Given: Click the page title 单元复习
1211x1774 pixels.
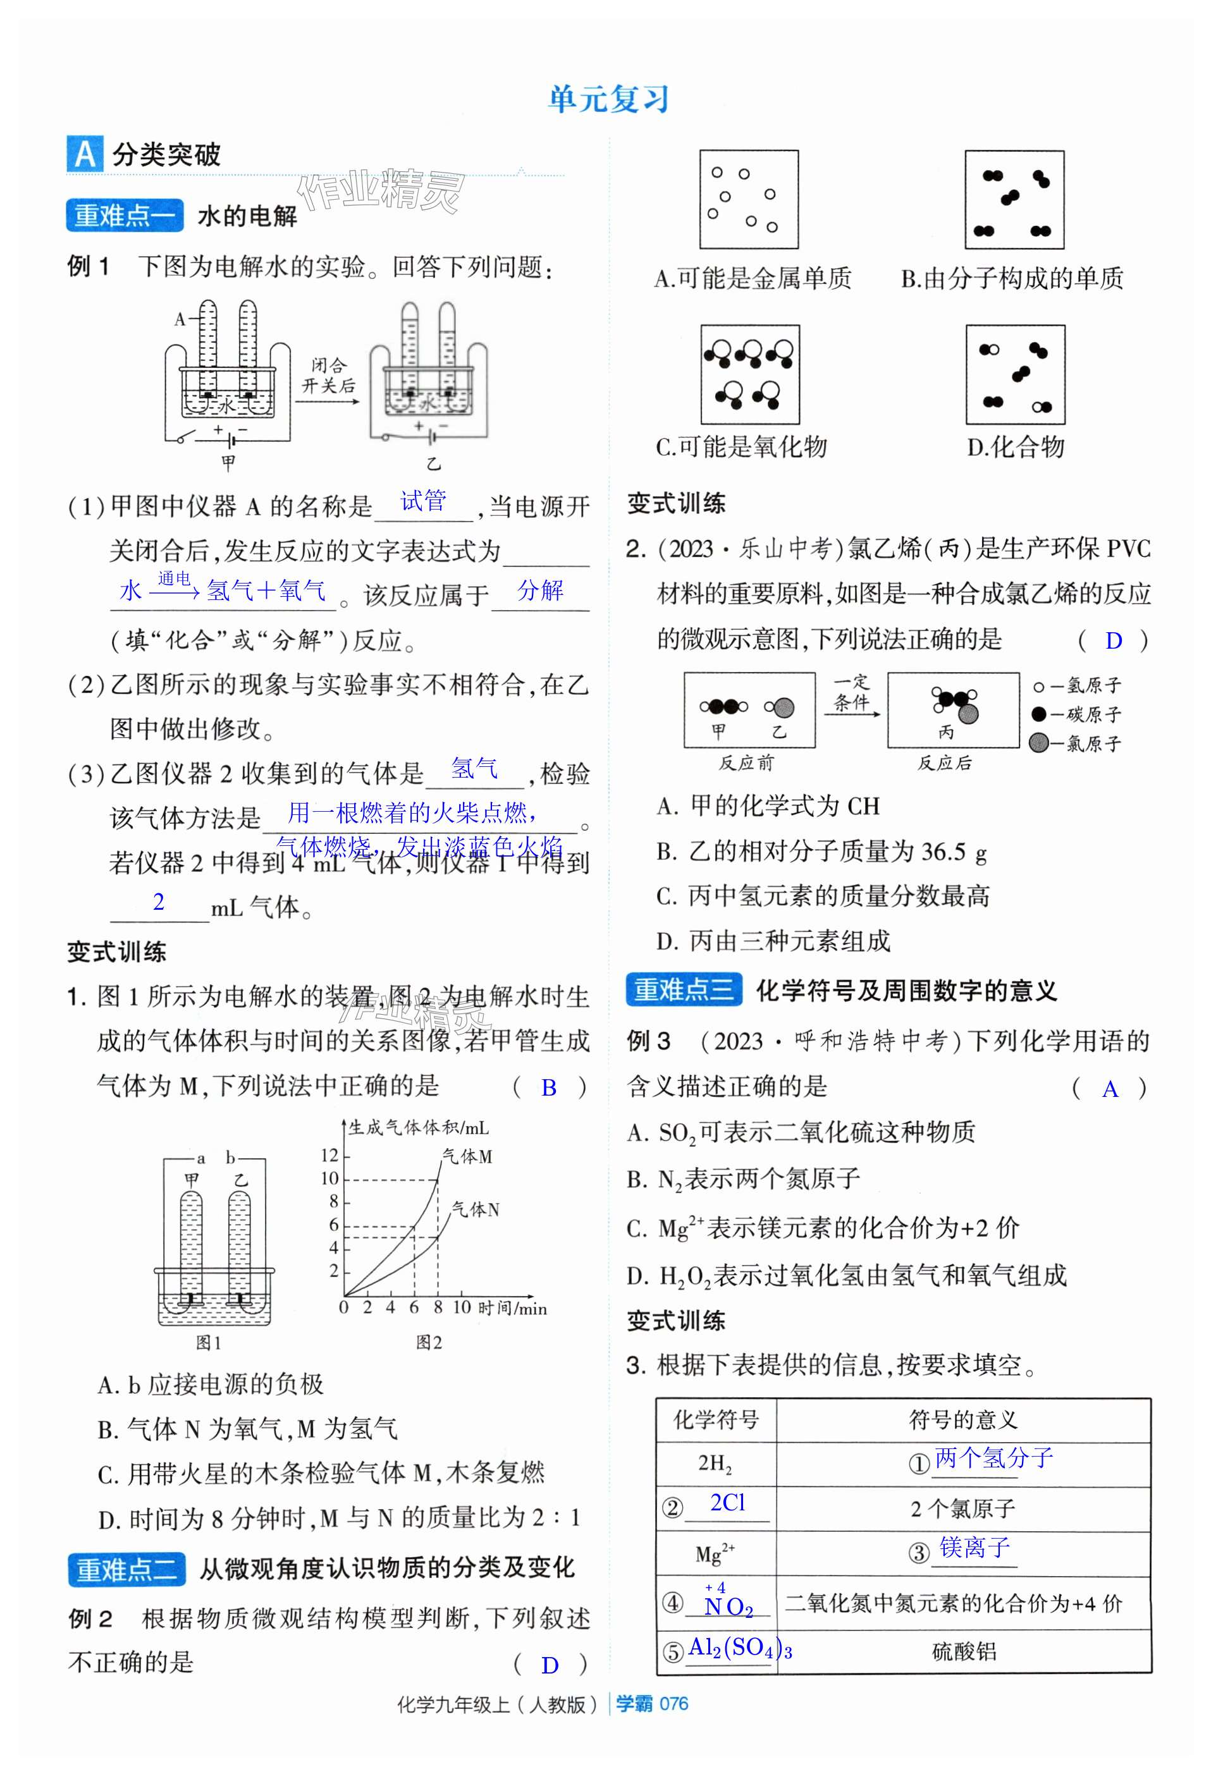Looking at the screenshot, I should point(608,99).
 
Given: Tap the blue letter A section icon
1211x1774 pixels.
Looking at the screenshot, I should point(85,154).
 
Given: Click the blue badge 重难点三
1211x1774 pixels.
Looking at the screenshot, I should point(684,989).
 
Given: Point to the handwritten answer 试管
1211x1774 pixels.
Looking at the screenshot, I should point(423,501).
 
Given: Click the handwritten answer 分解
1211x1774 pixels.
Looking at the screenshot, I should point(540,590).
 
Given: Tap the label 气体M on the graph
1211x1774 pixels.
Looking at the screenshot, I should point(467,1156).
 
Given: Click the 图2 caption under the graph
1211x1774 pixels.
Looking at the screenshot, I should point(429,1343).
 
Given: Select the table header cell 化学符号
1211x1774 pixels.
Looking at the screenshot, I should point(715,1419).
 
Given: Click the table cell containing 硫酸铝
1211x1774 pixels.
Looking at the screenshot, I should point(964,1652).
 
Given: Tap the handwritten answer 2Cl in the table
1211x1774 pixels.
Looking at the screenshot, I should point(728,1502).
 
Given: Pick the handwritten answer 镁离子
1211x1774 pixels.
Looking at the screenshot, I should point(974,1547).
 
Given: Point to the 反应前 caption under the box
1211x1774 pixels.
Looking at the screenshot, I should point(746,762).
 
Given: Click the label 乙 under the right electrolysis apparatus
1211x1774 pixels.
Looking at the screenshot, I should point(433,463).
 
